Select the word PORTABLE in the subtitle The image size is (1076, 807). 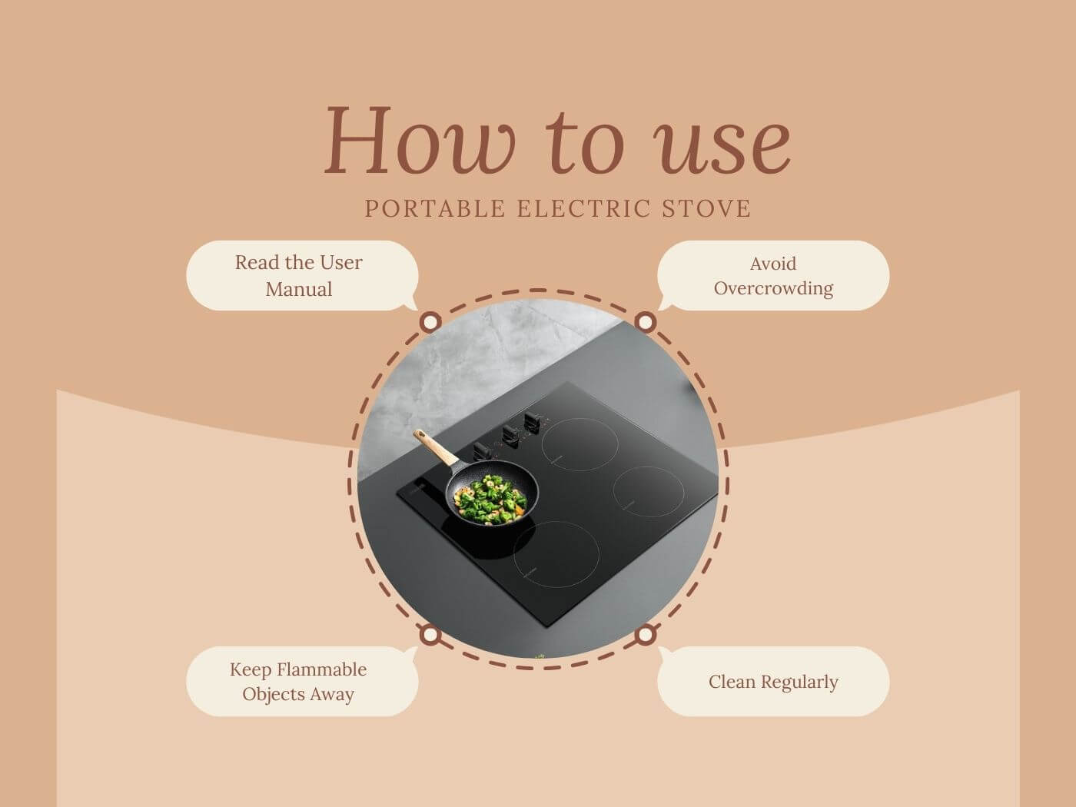435,208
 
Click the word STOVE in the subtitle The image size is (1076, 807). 706,208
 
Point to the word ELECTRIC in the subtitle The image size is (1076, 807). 583,208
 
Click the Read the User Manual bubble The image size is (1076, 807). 302,275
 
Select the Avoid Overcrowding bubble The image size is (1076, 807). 773,275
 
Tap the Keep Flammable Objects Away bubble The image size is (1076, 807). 302,681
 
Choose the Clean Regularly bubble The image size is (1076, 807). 773,681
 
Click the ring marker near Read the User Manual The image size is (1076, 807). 430,322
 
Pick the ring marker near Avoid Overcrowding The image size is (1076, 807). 646,322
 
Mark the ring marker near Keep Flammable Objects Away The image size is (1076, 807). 430,635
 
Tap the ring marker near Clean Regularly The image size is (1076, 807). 646,635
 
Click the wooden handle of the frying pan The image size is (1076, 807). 435,447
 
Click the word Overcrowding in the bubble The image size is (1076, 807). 773,289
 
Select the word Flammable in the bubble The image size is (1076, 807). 321,669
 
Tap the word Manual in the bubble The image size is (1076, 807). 299,289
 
